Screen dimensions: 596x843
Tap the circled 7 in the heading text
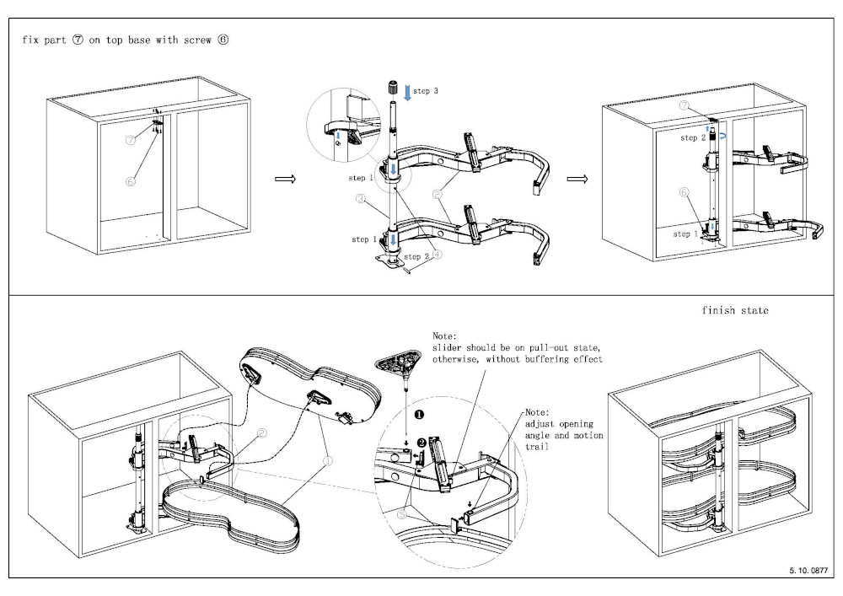(78, 40)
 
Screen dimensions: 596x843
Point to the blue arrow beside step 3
(409, 91)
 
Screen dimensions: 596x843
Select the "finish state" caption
(735, 310)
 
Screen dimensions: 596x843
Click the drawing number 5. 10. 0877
(807, 571)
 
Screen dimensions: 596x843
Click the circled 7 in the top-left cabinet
(131, 141)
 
